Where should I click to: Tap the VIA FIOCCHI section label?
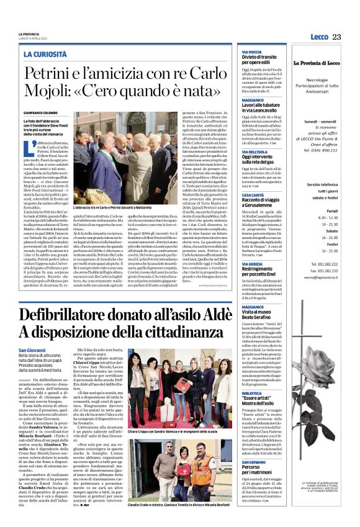tap(251, 52)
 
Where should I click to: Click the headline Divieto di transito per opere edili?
tap(268, 61)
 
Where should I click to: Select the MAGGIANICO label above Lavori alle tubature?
tap(253, 101)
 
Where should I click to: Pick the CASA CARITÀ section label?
tap(253, 195)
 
